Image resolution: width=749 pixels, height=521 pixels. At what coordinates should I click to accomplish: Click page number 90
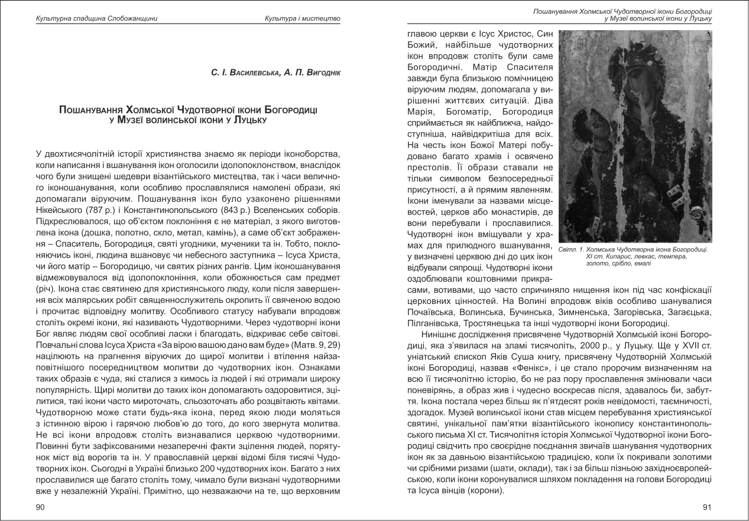40,507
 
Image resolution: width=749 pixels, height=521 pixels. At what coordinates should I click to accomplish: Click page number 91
706,507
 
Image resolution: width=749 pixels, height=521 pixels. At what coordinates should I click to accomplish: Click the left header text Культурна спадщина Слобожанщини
96,19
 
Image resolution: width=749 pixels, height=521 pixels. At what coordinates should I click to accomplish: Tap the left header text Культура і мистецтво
303,19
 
